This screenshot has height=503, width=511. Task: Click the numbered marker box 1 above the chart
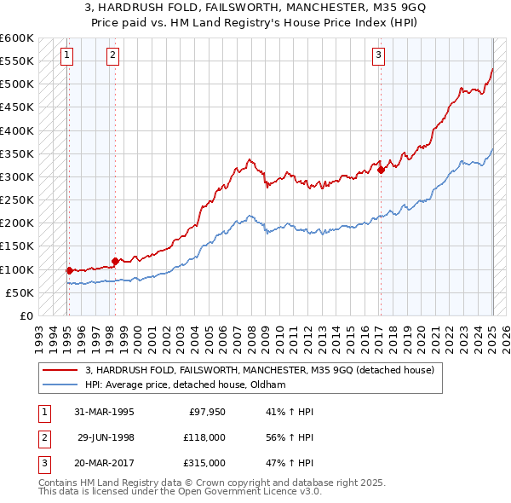pyautogui.click(x=66, y=56)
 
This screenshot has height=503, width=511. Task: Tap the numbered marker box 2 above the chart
pyautogui.click(x=113, y=56)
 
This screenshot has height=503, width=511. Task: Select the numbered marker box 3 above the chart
pyautogui.click(x=378, y=56)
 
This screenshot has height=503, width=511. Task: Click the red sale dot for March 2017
pyautogui.click(x=381, y=170)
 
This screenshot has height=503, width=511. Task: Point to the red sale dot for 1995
pyautogui.click(x=69, y=270)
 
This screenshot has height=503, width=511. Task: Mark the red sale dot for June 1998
pyautogui.click(x=115, y=261)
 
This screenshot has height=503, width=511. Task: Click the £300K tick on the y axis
pyautogui.click(x=16, y=177)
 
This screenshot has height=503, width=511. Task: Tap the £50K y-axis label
pyautogui.click(x=20, y=292)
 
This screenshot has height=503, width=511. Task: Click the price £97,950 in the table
pyautogui.click(x=205, y=412)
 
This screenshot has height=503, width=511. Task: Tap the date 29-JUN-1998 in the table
pyautogui.click(x=106, y=437)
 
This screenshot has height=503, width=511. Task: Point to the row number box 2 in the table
pyautogui.click(x=43, y=437)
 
